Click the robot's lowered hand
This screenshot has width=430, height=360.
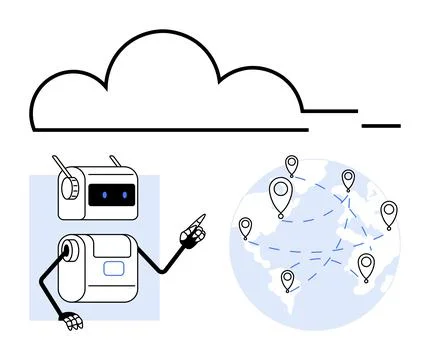click(70, 322)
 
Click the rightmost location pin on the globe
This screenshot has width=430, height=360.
click(388, 213)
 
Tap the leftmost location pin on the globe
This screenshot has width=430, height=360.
click(245, 227)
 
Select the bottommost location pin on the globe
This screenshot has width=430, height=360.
click(288, 280)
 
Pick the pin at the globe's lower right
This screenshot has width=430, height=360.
click(365, 264)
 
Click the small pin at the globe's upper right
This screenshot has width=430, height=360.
click(348, 179)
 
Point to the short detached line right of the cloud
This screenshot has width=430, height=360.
click(381, 126)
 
